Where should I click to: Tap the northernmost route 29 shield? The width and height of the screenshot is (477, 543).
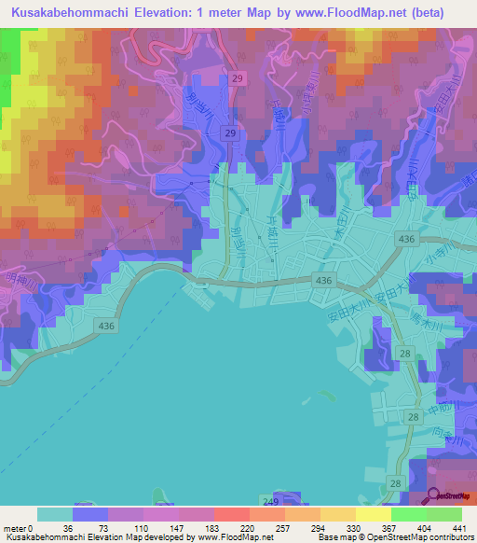(x=238, y=80)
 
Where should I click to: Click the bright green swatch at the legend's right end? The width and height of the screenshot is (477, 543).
(x=443, y=514)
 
